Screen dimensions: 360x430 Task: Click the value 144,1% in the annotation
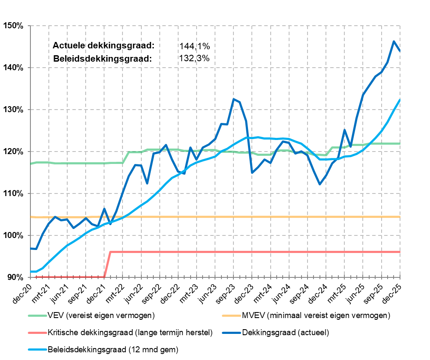pos(195,46)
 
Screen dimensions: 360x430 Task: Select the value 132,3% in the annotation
pos(195,59)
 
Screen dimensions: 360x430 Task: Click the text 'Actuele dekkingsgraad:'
pos(103,46)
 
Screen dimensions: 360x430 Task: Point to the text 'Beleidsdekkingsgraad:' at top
pos(103,59)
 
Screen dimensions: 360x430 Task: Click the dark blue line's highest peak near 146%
pos(394,41)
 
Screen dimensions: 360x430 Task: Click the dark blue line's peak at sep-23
pos(233,99)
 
